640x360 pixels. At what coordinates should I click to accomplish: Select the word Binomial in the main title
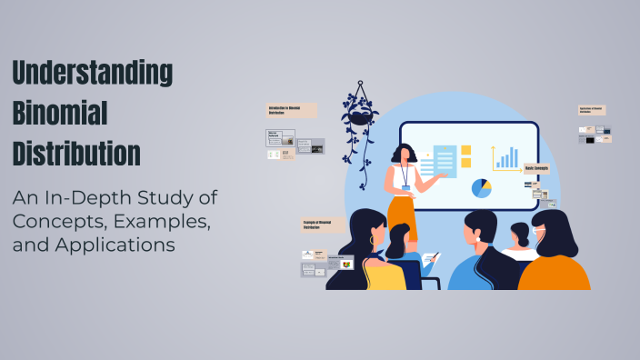point(60,112)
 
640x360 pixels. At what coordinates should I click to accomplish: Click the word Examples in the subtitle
point(167,222)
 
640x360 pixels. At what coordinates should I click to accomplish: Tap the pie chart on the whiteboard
point(481,188)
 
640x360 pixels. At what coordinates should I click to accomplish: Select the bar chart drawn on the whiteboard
point(506,158)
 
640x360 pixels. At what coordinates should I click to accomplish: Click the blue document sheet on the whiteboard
point(445,162)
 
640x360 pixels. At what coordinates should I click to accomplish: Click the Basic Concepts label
point(536,168)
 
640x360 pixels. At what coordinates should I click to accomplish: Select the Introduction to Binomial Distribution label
point(291,110)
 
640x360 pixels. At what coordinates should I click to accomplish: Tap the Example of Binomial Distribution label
point(323,224)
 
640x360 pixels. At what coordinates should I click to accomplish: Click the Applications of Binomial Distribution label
point(591,110)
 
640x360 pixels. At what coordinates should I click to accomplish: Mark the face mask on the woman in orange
point(539,236)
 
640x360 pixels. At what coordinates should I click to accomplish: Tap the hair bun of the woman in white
point(520,228)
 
